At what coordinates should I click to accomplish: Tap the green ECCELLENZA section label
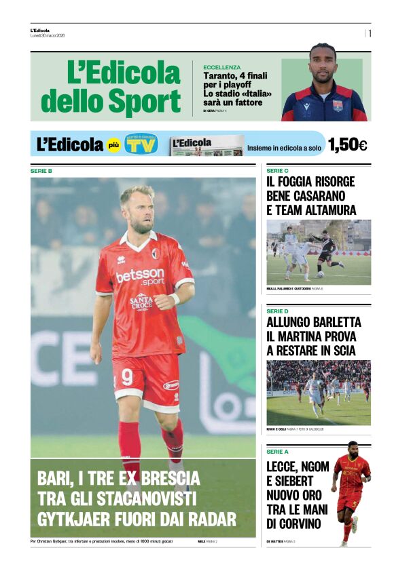pos(221,67)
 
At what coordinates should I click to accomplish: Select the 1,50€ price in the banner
pos(347,144)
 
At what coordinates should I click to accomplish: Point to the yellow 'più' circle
pos(113,144)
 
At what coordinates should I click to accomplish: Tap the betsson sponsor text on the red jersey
pos(140,276)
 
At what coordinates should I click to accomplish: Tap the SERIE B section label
pos(41,171)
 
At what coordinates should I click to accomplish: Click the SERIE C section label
pos(277,171)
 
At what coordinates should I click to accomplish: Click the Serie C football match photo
pos(319,252)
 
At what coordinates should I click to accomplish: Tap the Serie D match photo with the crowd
pos(319,392)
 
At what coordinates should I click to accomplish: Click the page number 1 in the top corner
pos(370,33)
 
